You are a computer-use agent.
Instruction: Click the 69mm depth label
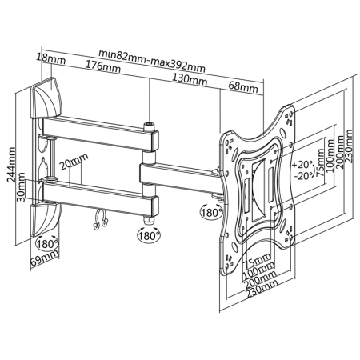pos(45,258)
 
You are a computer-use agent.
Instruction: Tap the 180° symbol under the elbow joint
pos(147,237)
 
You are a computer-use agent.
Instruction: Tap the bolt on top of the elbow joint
pos(149,126)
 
